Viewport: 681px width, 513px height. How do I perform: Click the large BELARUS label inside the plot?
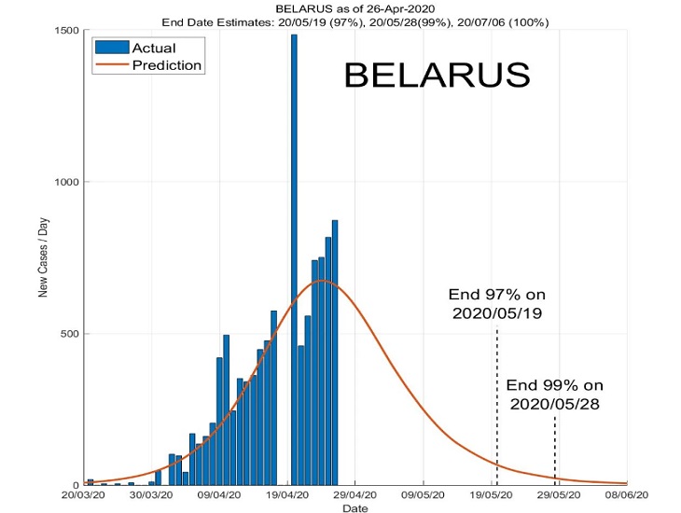coord(437,75)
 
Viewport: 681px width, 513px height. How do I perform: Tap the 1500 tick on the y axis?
coord(64,30)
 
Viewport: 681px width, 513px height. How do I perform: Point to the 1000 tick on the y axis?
coord(64,182)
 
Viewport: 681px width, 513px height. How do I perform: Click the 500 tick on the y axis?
coord(67,334)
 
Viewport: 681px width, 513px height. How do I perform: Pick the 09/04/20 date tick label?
coord(220,496)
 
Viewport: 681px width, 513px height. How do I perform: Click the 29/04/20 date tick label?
coord(355,496)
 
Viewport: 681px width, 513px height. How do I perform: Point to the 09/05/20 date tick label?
coord(424,496)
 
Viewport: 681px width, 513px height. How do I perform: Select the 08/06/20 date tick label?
coord(627,496)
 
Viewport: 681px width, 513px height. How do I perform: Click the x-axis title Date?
coord(354,508)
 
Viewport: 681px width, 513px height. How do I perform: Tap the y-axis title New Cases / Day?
coord(43,256)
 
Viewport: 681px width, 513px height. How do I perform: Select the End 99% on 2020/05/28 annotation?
coord(556,394)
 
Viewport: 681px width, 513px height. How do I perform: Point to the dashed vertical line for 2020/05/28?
coord(555,452)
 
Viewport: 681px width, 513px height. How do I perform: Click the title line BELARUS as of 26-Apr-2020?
coord(354,8)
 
